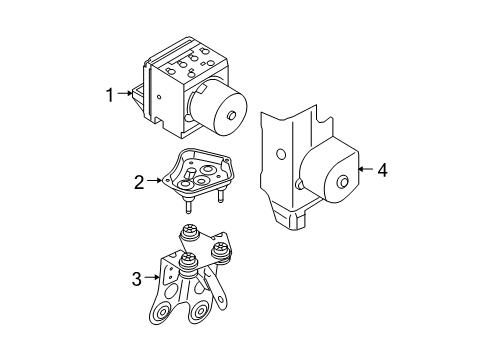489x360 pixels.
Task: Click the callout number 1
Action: point(110,95)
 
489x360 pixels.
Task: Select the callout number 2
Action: point(139,182)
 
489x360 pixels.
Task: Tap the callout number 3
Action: point(137,279)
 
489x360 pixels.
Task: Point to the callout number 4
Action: point(383,170)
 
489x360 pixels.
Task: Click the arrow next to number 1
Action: point(125,93)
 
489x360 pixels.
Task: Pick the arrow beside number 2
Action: point(155,180)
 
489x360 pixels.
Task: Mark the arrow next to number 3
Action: point(153,277)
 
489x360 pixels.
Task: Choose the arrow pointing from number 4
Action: point(366,169)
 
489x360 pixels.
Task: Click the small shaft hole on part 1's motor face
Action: point(231,115)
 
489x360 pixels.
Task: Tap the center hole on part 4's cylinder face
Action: point(343,182)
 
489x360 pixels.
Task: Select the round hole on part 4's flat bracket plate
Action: point(281,154)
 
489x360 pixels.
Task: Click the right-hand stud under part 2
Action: point(220,196)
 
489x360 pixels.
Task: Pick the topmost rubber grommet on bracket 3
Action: point(189,232)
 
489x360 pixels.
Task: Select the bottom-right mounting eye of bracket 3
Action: point(200,312)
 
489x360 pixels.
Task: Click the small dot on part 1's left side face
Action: point(159,97)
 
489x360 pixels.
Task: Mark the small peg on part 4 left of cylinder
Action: point(299,184)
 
